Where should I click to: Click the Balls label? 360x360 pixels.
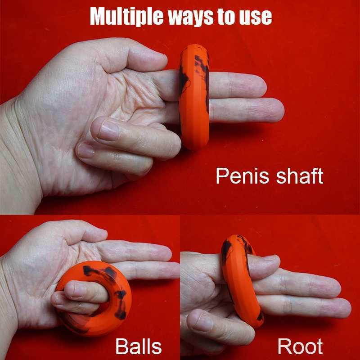click(138, 346)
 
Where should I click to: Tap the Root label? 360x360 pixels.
click(300, 346)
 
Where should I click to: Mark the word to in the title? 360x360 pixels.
click(227, 17)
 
